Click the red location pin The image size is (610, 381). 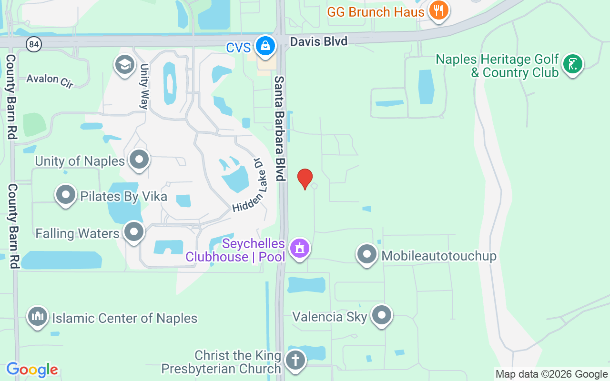(x=305, y=179)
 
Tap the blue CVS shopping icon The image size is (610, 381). (x=263, y=46)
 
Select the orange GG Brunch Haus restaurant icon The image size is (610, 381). (x=438, y=10)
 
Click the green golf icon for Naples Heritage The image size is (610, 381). (x=572, y=64)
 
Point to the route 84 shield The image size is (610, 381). (x=34, y=44)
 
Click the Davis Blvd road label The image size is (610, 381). (x=319, y=41)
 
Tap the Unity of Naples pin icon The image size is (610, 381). (x=139, y=160)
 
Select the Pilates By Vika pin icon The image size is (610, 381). (x=66, y=195)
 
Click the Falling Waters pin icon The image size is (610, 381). (x=134, y=232)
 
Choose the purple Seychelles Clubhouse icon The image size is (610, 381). (x=300, y=248)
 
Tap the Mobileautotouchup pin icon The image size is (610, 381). (x=367, y=254)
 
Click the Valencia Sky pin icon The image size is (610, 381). (x=382, y=315)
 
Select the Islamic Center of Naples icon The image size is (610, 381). (x=37, y=316)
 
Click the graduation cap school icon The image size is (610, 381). (x=124, y=65)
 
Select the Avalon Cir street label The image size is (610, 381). (x=50, y=80)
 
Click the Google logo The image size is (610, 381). (x=32, y=370)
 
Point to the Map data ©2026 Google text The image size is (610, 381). (x=551, y=374)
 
